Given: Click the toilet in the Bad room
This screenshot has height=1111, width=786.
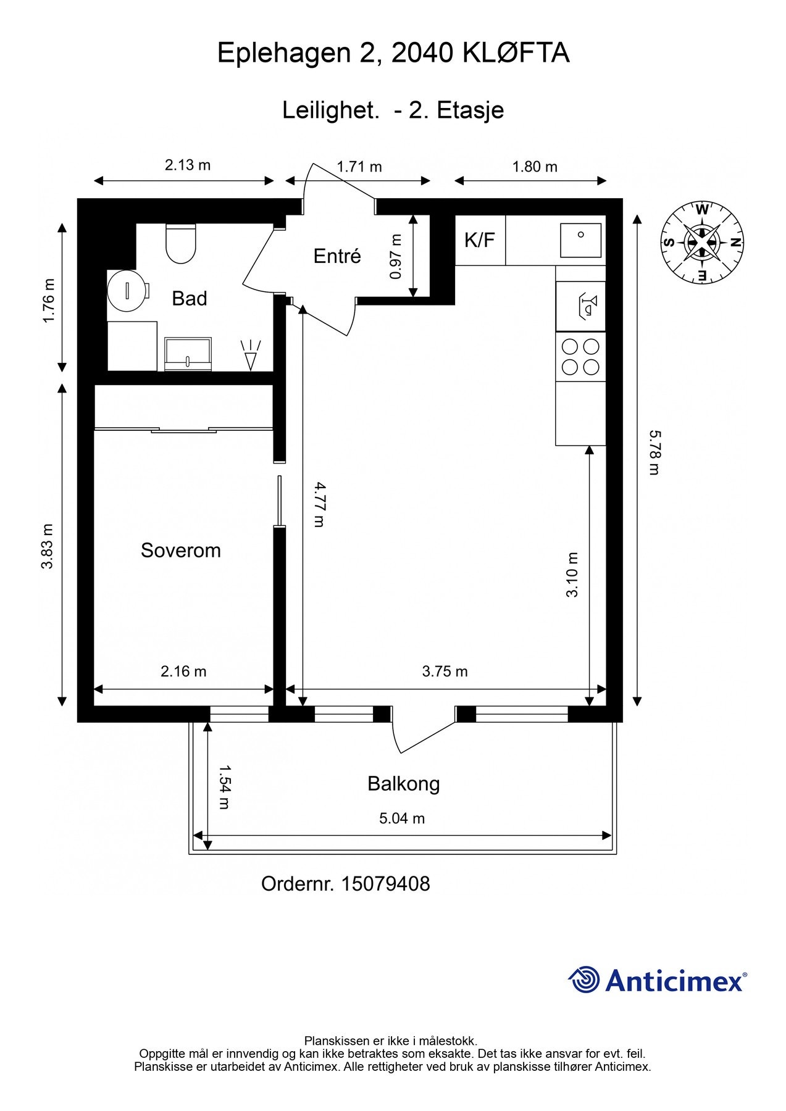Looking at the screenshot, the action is pos(181,243).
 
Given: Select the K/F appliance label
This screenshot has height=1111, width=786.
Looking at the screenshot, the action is pos(480,240).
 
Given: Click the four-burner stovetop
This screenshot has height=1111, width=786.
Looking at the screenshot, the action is pos(580,357).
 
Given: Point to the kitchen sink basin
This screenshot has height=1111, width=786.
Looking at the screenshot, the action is pos(580,240).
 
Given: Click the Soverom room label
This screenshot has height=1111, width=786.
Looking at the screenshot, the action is pos(181,550).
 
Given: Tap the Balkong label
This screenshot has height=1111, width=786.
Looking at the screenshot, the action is pos(404,784).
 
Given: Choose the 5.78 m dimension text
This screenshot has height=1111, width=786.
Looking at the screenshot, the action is pos(654,453).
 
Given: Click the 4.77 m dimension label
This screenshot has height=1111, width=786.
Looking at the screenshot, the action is pos(319,504).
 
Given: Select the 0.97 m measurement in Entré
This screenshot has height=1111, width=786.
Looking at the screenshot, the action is pos(396,256).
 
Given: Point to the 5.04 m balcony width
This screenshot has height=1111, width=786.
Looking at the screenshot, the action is pos(402,818).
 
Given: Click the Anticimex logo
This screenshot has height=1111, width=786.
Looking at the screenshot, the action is pos(658,980).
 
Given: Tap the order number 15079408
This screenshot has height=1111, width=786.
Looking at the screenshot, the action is pos(385,884).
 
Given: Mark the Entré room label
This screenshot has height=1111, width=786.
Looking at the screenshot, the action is pos(337,256).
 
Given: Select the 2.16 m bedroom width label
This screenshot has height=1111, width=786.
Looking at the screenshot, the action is pos(183,671).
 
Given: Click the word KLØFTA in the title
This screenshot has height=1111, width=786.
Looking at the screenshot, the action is pos(516,53).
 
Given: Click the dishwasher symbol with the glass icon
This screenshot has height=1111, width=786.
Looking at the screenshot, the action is pos(580,306).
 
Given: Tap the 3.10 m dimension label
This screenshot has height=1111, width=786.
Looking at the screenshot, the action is pos(572,575).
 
